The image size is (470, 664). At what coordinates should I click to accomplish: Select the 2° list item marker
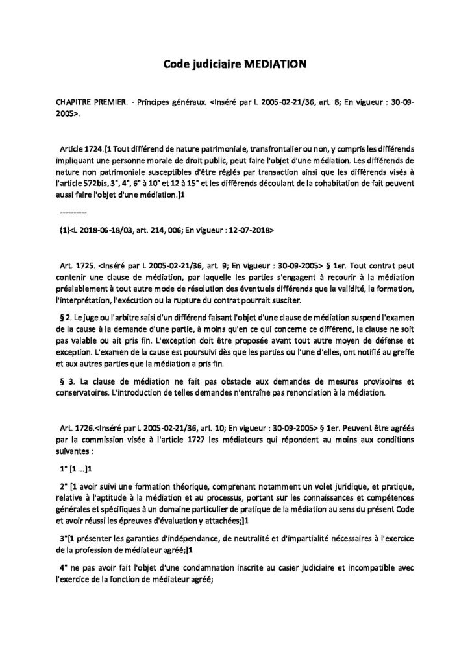click(63, 486)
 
